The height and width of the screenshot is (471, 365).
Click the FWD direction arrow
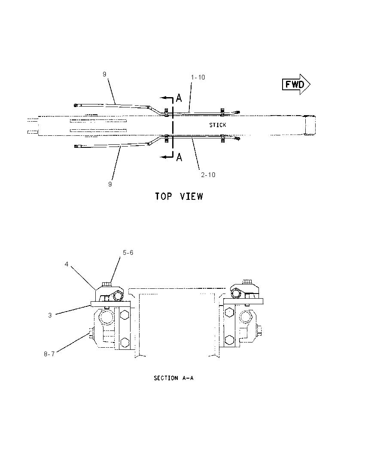tap(296, 84)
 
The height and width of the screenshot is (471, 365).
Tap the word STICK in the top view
tap(218, 125)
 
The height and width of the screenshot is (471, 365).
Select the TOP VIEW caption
tap(179, 196)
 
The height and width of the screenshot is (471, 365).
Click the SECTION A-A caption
tap(173, 378)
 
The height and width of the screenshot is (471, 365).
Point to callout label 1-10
tap(198, 77)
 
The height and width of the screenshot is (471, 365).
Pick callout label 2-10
tap(208, 175)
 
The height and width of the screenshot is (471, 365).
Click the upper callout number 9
tap(104, 74)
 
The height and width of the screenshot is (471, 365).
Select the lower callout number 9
tap(110, 184)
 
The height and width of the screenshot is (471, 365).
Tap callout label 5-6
tap(128, 253)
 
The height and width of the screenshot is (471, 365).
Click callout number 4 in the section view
tap(67, 264)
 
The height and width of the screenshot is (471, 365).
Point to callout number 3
tap(50, 315)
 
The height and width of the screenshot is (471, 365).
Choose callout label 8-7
tap(49, 354)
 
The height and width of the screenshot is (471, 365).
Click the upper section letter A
tap(179, 98)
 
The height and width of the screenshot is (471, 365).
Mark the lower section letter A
tap(179, 157)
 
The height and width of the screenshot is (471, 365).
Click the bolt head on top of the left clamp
tap(107, 284)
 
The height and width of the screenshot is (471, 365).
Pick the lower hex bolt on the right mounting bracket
tap(229, 340)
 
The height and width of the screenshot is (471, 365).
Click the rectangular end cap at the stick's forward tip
tap(310, 125)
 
